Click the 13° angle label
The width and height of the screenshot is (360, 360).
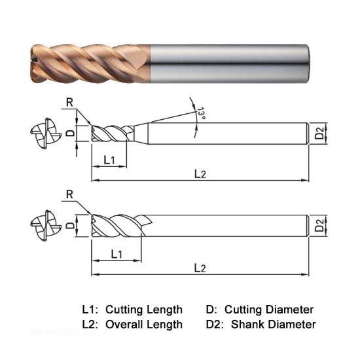coord(202,113)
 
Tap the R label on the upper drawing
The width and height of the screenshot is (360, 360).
coord(69,102)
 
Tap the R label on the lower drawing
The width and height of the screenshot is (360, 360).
coord(69,194)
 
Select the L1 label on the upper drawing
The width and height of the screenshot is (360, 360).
coord(109,160)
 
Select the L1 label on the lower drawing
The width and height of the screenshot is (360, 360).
coord(117,254)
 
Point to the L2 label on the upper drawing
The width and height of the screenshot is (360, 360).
coord(200,174)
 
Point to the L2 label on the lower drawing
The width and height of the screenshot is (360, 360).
coord(200,268)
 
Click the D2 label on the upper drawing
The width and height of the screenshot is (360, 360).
coord(319,133)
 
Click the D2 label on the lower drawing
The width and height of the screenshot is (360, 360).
coord(319,225)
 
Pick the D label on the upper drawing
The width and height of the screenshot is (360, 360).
coord(71,133)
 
